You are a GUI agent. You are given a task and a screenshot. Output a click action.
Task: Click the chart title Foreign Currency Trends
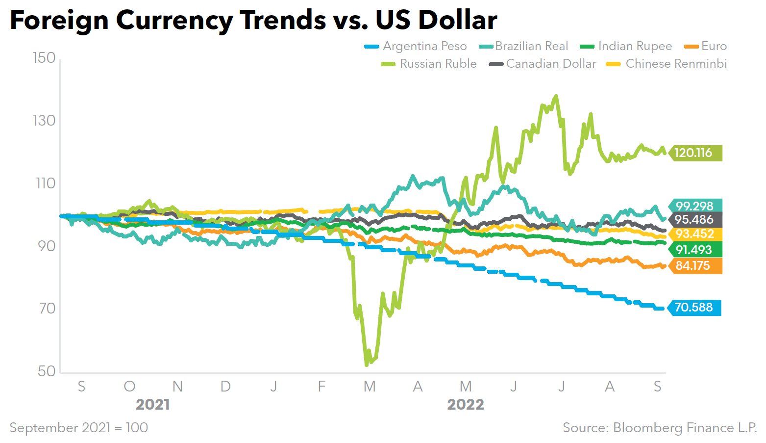[x=253, y=20]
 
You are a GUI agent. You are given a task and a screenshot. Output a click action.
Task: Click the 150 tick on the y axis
[x=44, y=58]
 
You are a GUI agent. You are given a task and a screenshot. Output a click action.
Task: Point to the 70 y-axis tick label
[x=47, y=309]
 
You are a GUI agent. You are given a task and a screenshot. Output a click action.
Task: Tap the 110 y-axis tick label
[x=45, y=183]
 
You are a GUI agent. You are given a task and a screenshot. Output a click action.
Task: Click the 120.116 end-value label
[x=693, y=153]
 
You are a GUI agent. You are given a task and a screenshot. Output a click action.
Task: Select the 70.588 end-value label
[x=694, y=308]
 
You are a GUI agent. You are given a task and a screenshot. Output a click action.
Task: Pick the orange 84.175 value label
[x=693, y=266]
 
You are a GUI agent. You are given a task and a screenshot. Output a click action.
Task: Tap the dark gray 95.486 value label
[x=694, y=220]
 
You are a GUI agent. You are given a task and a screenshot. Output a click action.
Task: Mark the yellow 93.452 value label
[x=694, y=234]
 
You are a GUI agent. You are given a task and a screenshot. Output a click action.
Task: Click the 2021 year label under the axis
[x=153, y=405]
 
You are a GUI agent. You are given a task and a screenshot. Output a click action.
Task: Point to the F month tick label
[x=321, y=387]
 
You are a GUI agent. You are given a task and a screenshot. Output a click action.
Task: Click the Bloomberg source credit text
[x=660, y=428]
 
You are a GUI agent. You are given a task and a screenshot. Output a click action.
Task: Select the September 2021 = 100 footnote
[x=79, y=428]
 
